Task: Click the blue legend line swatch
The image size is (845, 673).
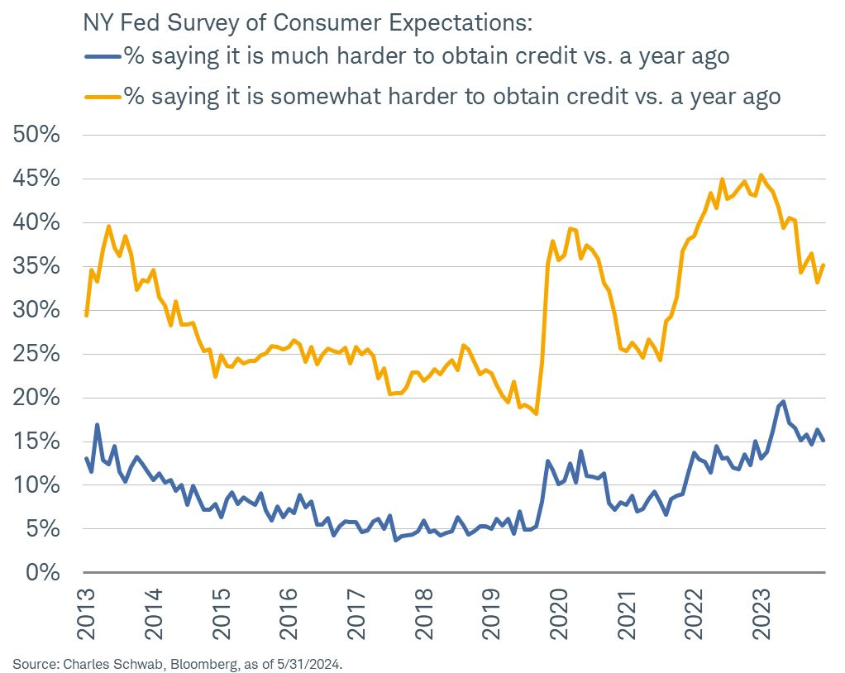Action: click(x=103, y=58)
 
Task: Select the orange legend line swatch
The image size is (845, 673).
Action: click(x=103, y=97)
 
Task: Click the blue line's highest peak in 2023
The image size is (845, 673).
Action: click(x=783, y=401)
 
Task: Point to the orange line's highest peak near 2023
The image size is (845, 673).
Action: click(x=761, y=175)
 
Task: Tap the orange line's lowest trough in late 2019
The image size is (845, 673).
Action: click(x=537, y=413)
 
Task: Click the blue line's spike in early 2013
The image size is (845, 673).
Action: click(x=98, y=425)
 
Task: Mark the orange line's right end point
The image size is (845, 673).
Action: click(x=824, y=265)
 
